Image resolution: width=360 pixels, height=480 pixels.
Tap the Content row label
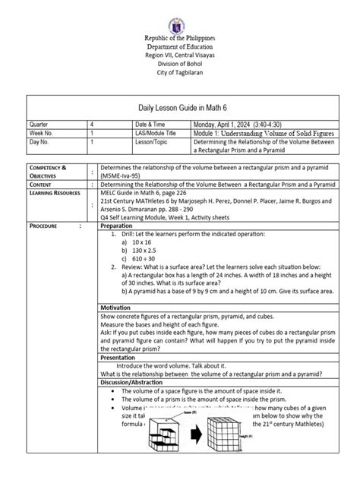click(x=39, y=184)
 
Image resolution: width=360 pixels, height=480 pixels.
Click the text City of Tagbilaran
click(x=180, y=77)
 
